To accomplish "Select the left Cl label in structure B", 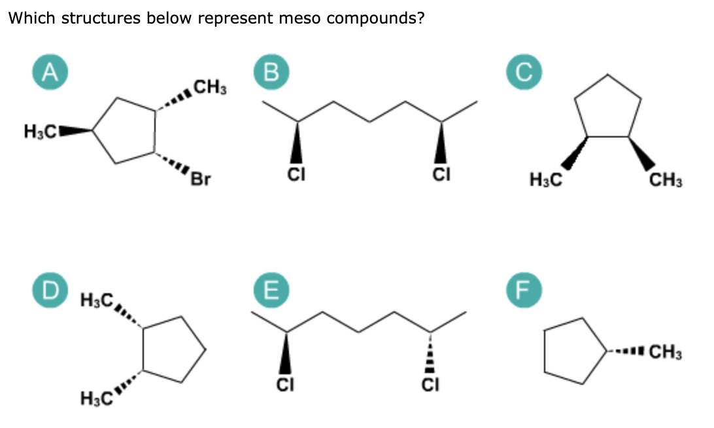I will coord(296,175).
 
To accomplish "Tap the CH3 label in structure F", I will coord(666,355).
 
